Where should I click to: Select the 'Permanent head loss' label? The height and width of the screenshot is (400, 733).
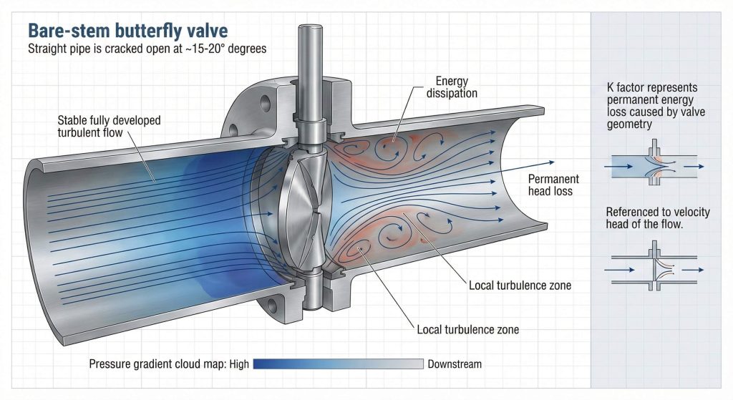coord(553,185)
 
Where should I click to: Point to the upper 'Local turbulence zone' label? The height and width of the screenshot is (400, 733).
coord(520,286)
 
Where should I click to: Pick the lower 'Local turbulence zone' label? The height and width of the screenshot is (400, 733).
coord(467,330)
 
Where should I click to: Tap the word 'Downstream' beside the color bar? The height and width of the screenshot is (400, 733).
coord(455,364)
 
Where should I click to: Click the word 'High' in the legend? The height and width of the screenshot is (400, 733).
coord(239,364)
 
